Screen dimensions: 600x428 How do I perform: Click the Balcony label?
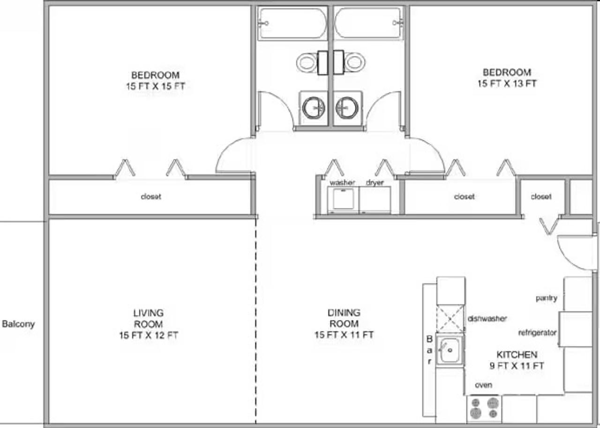18,324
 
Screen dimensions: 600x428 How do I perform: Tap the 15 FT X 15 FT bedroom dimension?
156,86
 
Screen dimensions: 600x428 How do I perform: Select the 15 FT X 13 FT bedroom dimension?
507,83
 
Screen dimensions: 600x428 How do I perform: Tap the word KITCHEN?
517,354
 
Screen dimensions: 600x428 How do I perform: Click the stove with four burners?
484,408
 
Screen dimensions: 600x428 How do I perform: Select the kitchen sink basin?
450,350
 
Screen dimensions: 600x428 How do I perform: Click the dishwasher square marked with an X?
450,319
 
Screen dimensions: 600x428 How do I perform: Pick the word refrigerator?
537,333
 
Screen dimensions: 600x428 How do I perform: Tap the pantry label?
547,298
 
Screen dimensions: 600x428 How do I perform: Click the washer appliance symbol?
343,200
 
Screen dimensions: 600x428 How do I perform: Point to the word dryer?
375,183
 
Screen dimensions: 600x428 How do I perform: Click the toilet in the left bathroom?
312,62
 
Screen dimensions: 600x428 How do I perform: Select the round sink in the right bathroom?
346,108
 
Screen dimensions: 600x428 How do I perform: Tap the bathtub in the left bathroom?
293,23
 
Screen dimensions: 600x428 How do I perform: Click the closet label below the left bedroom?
151,196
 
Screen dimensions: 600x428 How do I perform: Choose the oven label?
483,385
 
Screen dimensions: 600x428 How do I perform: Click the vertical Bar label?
429,350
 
